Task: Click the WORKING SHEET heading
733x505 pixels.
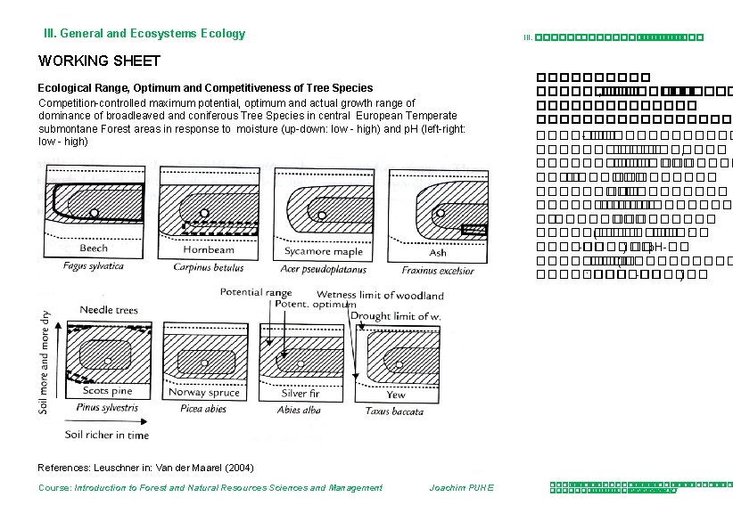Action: [99, 61]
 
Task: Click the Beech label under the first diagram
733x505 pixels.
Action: [94, 248]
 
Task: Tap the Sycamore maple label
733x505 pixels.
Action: [318, 251]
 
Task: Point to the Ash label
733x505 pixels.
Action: [438, 252]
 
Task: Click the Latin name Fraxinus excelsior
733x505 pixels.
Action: [437, 270]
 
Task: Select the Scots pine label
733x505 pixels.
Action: [107, 390]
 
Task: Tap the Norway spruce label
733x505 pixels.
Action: [203, 392]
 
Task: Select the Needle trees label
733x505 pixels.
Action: [109, 310]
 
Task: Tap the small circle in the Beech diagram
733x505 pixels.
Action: [95, 213]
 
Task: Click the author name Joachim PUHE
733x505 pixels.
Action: [461, 487]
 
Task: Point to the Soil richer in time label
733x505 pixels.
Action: [107, 435]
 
